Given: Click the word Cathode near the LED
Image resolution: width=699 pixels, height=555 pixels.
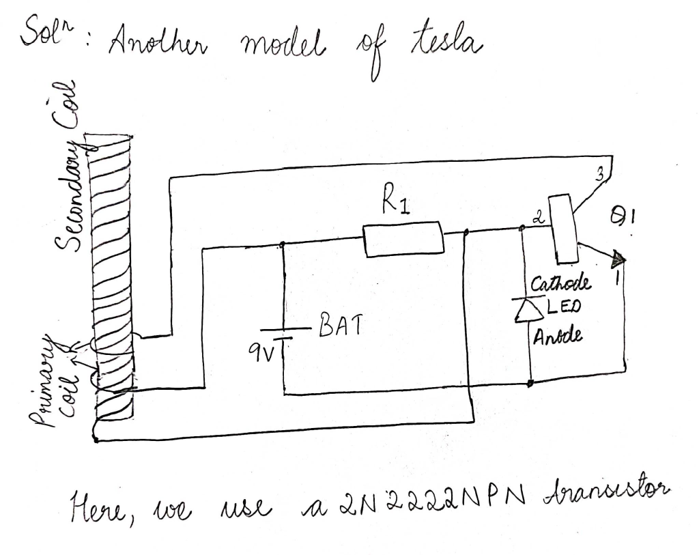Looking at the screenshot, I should (x=562, y=283).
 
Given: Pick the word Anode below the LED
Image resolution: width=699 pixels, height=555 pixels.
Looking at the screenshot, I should (x=557, y=337).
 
